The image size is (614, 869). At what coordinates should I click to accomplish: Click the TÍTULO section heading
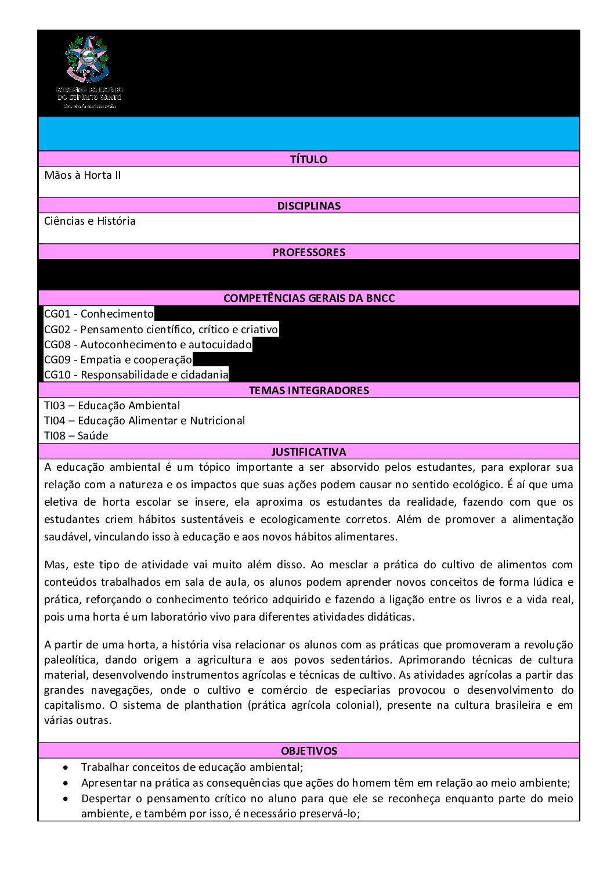309,159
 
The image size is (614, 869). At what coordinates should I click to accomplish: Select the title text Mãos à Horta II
82,175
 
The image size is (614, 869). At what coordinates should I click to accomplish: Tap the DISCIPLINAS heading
309,205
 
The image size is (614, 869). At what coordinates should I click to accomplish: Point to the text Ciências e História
90,221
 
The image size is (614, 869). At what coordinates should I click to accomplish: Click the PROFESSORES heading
309,252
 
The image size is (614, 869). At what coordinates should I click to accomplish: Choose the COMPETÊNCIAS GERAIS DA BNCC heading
309,298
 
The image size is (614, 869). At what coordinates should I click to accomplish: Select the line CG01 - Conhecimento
99,314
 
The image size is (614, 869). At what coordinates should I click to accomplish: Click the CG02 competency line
161,329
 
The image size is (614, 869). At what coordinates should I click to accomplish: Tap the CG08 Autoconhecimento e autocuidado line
148,344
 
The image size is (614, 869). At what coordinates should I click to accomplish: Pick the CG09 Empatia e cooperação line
118,359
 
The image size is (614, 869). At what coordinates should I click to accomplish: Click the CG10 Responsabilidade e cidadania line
136,374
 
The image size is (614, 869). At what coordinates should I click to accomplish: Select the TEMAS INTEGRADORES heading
309,390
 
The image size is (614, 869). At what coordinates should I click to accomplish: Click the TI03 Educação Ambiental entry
112,405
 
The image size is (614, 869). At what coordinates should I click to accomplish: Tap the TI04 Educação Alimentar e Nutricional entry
145,420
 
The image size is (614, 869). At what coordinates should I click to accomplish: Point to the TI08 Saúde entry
76,435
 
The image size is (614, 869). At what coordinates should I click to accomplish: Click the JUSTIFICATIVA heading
309,452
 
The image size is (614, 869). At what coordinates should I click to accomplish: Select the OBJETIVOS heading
309,751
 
